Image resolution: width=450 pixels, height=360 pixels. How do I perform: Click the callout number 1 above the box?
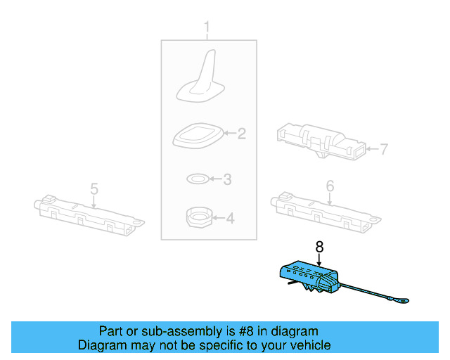point(207,27)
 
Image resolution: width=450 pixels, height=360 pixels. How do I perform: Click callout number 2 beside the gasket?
point(242,134)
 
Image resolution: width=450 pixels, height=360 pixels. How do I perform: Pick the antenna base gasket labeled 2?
point(198,136)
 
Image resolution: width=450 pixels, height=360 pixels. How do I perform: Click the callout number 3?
point(227,179)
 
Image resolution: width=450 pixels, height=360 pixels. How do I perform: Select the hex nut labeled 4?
point(199,218)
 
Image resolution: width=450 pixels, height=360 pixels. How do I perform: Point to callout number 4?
point(230,218)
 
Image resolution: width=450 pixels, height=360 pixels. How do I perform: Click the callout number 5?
point(94,189)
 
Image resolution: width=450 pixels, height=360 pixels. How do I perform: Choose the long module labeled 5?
point(89,215)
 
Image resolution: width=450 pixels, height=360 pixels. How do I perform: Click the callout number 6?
point(330,186)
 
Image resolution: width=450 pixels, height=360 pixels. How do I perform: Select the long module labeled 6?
point(326,212)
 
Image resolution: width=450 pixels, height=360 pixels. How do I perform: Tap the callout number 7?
point(384,149)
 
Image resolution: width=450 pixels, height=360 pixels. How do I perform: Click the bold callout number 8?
point(319,247)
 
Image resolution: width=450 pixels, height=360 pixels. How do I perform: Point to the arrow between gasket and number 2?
point(230,133)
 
